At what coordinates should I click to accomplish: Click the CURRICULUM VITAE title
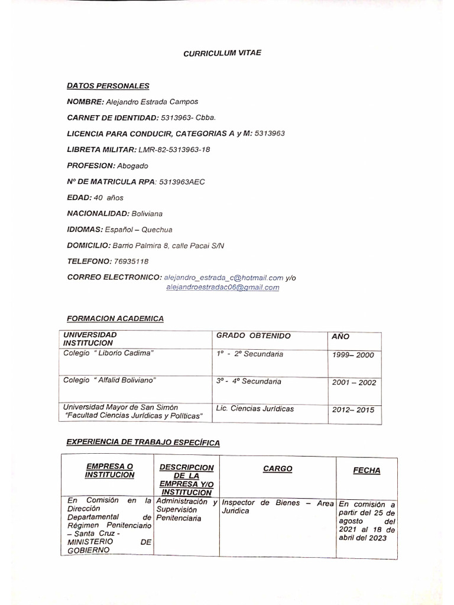pyautogui.click(x=222, y=53)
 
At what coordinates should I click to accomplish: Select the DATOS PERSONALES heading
pyautogui.click(x=108, y=86)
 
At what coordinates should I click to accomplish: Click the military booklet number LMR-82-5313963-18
pyautogui.click(x=174, y=149)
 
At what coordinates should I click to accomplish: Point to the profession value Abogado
pyautogui.click(x=132, y=166)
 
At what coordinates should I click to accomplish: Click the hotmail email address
pyautogui.click(x=224, y=277)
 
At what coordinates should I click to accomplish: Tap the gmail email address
pyautogui.click(x=223, y=288)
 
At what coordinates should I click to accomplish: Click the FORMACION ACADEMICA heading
pyautogui.click(x=115, y=318)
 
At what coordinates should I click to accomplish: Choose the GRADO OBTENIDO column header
pyautogui.click(x=254, y=336)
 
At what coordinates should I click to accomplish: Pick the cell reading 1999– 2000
pyautogui.click(x=353, y=355)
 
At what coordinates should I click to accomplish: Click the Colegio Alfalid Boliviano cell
pyautogui.click(x=110, y=380)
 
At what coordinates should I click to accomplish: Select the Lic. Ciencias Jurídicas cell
pyautogui.click(x=255, y=408)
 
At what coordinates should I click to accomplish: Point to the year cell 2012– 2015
pyautogui.click(x=353, y=409)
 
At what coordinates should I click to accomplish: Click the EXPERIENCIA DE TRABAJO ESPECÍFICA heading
pyautogui.click(x=143, y=442)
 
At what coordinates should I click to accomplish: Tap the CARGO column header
pyautogui.click(x=277, y=469)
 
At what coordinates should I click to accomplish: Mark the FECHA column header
pyautogui.click(x=367, y=471)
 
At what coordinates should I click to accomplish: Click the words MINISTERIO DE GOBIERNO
pyautogui.click(x=109, y=545)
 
